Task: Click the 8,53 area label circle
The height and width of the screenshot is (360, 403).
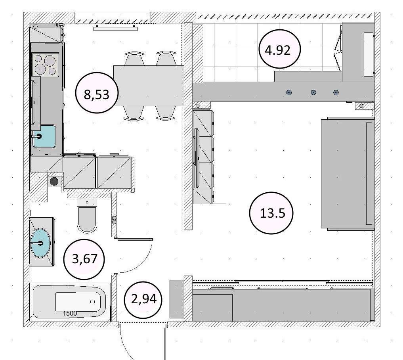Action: pos(97,93)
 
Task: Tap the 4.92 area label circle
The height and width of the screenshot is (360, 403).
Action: pos(279,49)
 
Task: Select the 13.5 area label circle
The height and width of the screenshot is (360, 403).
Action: pos(271,213)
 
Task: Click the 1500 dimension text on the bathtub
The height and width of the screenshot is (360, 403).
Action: pos(70,313)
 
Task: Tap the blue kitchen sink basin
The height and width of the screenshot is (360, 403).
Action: pos(44,136)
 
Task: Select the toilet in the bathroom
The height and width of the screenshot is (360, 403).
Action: pos(87,216)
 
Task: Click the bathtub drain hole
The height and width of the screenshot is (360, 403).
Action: pos(92,302)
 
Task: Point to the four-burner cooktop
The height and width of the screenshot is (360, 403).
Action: pos(45,64)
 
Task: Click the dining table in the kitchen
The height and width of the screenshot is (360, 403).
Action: pos(149,86)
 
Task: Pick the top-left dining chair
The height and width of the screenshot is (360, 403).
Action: pos(134,59)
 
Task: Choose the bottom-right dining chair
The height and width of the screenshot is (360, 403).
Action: pos(166,113)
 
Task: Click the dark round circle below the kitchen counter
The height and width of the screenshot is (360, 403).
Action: pos(54,182)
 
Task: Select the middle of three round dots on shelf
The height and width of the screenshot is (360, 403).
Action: pos(313,92)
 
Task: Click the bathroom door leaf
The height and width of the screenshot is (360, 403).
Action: pos(135,239)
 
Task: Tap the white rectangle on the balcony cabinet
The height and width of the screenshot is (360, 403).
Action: pos(369,54)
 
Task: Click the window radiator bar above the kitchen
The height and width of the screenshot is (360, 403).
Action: pos(115,29)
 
